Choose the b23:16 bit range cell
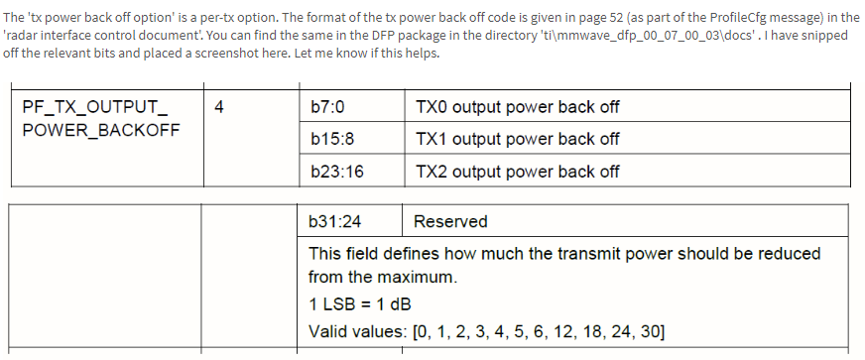point(336,172)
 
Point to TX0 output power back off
point(517,107)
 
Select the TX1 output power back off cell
point(517,139)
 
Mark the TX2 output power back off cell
point(517,172)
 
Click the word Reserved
point(450,221)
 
